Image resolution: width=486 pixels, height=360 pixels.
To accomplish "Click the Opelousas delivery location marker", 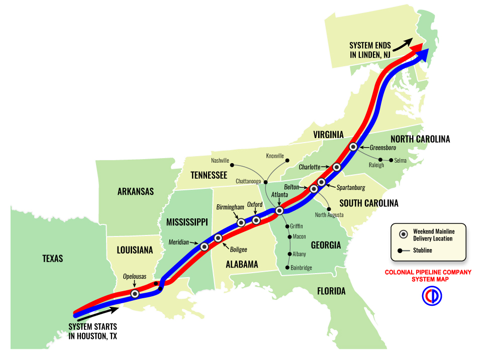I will point(135,294).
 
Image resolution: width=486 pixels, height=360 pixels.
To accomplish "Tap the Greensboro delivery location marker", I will point(353,147).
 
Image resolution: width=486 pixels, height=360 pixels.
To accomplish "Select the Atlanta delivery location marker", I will point(279,211).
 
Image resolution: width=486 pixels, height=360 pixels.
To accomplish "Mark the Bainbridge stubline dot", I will point(287,268).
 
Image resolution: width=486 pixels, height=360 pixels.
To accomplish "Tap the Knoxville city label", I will point(275,156).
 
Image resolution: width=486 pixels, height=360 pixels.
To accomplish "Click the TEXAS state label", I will point(53,259).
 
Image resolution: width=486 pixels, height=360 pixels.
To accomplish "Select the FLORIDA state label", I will point(331,291).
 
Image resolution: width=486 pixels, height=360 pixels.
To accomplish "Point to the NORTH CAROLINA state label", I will point(420,139).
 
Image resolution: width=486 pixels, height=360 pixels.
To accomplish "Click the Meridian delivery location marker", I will point(204,247).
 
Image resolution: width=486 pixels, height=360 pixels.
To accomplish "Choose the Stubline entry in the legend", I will point(422,250).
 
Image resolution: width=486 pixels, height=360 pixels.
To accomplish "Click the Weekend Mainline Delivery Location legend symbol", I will point(403,234).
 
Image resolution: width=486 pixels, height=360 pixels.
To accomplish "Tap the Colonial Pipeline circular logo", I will point(431,297).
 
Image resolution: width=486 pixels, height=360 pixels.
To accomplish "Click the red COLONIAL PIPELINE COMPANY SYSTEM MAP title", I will point(428,275).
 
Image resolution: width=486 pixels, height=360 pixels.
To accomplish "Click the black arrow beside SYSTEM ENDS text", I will point(402,45).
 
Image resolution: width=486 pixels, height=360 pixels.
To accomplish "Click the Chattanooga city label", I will point(248,181).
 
